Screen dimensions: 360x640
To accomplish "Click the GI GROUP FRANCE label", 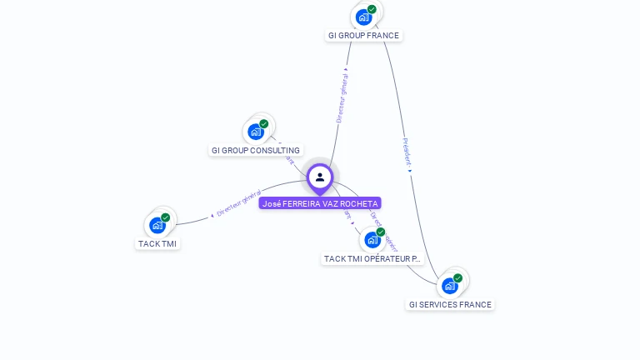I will (363, 36).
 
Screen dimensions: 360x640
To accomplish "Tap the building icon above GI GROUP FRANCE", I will (363, 17).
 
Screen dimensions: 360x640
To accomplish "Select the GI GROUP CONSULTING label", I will (256, 151).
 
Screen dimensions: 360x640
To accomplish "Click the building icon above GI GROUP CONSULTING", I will (256, 132).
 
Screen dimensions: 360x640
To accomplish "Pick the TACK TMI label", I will (157, 244).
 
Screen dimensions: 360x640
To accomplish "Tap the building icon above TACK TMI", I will (157, 225).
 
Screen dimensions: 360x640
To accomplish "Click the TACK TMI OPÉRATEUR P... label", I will (372, 259).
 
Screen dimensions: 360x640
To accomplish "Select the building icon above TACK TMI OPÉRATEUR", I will (372, 239).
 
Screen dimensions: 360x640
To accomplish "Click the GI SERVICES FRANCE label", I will (450, 305).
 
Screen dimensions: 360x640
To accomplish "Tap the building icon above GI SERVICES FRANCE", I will (450, 286).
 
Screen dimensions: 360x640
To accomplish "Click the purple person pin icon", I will (320, 177).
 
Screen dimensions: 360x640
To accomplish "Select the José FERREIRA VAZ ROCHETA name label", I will (320, 203).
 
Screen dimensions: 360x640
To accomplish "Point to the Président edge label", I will (407, 152).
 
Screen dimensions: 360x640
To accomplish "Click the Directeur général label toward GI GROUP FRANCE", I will (342, 97).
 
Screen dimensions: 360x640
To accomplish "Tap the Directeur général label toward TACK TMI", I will (240, 202).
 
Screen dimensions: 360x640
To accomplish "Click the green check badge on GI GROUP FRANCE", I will (372, 9).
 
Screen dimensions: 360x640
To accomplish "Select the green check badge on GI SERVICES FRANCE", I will (457, 278).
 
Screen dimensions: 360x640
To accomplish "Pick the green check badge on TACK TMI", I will (165, 217).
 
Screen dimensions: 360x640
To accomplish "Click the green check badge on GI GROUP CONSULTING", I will (263, 124).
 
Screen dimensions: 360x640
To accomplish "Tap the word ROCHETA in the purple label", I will (361, 203).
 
